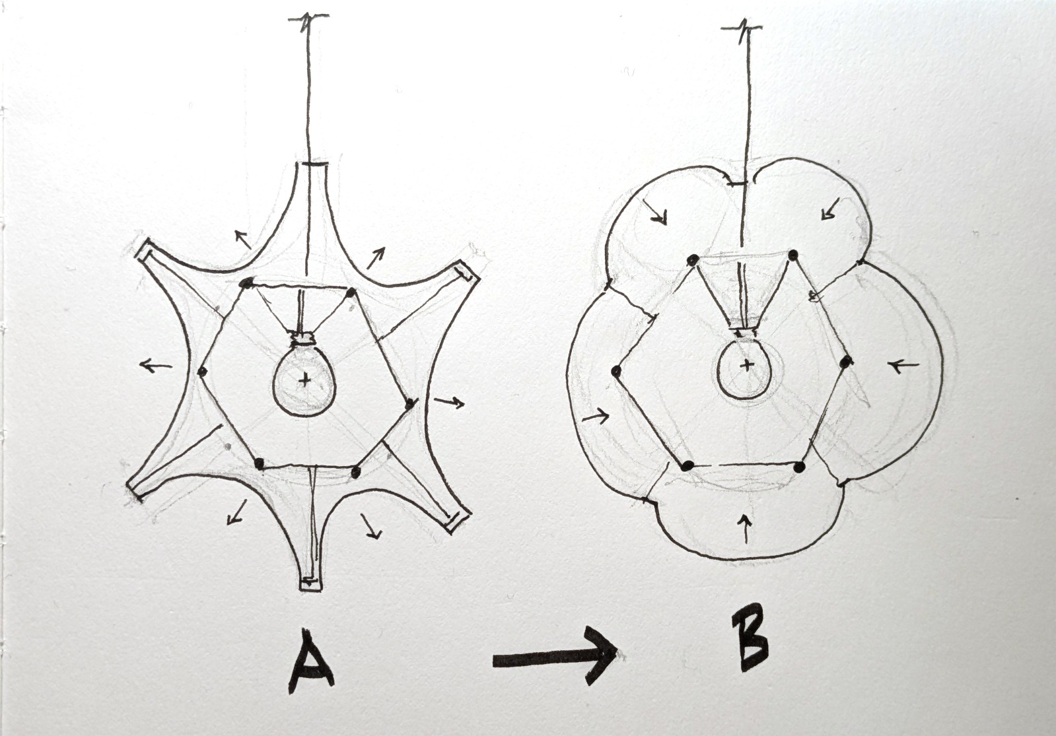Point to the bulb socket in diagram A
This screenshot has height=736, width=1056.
tap(304, 339)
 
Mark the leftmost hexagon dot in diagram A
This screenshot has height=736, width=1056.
tap(202, 372)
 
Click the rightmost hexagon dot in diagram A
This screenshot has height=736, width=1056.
tap(409, 403)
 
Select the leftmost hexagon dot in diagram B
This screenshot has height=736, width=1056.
tap(615, 371)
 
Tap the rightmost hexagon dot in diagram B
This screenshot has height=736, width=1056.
tap(846, 362)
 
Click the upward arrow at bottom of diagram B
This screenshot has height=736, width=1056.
tap(746, 528)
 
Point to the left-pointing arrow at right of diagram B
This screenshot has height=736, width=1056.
tap(903, 365)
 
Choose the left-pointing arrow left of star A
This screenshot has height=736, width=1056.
tap(156, 365)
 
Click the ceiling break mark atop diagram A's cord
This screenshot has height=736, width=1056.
tap(308, 18)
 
